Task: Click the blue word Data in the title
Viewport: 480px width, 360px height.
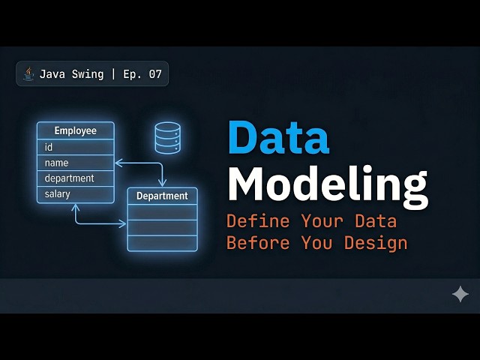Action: pos(278,137)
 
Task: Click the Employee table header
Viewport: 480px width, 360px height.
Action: pos(76,130)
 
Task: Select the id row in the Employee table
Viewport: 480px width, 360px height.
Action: pos(76,147)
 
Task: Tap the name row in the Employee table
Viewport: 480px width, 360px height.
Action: pos(76,163)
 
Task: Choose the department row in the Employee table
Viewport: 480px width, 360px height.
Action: pos(76,178)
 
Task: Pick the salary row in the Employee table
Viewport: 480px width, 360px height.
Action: pos(76,194)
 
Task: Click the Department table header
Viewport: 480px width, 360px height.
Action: pos(162,196)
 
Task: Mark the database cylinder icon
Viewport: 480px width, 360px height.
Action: pos(167,138)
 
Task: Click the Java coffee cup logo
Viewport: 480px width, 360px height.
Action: pos(29,73)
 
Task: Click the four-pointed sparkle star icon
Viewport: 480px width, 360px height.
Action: pos(460,294)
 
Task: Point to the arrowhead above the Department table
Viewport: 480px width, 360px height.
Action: pos(162,182)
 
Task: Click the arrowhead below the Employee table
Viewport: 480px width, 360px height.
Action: pos(76,208)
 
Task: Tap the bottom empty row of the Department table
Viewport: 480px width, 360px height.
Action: pos(162,242)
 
